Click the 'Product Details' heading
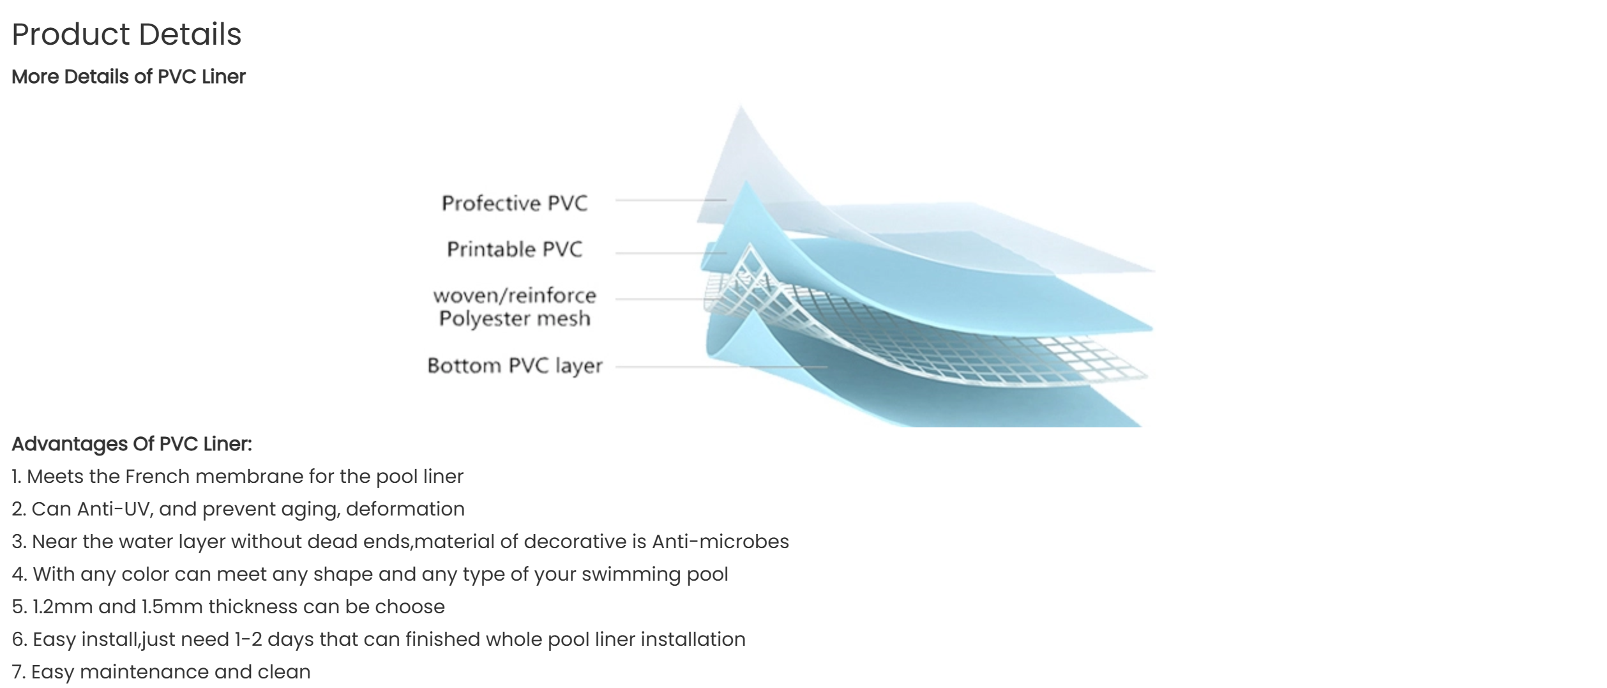tap(126, 34)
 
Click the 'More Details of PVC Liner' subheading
tap(128, 77)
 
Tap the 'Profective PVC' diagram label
tap(515, 203)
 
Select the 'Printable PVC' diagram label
tap(515, 249)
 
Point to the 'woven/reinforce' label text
tap(515, 295)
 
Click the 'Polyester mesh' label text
tap(515, 318)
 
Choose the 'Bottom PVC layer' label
tap(515, 365)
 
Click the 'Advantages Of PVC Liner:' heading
tap(132, 444)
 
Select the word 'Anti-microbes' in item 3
tap(720, 542)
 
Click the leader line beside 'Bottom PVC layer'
tap(721, 367)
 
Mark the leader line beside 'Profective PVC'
tap(671, 200)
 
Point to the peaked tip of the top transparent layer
tap(741, 107)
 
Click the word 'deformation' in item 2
tap(405, 509)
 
